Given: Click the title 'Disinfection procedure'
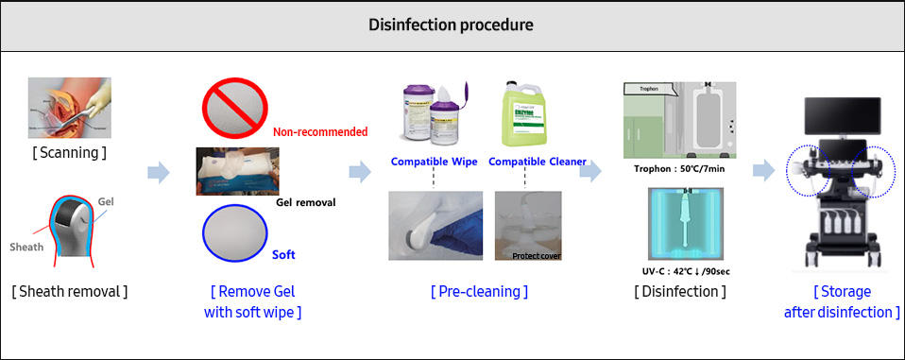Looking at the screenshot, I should pyautogui.click(x=451, y=25).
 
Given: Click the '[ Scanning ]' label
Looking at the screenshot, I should pyautogui.click(x=69, y=152).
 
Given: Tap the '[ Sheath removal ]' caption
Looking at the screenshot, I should pyautogui.click(x=70, y=291).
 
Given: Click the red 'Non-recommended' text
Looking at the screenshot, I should pyautogui.click(x=320, y=132).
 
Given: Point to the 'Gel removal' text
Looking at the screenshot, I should pyautogui.click(x=306, y=202).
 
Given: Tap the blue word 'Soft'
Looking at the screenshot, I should pyautogui.click(x=284, y=255).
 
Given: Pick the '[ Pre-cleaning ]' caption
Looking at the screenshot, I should pyautogui.click(x=481, y=291).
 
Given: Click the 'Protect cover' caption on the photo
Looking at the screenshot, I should pyautogui.click(x=536, y=256).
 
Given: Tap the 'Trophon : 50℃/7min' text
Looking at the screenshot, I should pyautogui.click(x=678, y=171).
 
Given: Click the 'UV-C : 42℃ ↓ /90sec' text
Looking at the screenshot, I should pyautogui.click(x=678, y=271).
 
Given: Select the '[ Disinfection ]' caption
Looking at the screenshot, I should pyautogui.click(x=679, y=291).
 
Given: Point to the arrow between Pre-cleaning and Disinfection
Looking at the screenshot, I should pyautogui.click(x=590, y=172).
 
